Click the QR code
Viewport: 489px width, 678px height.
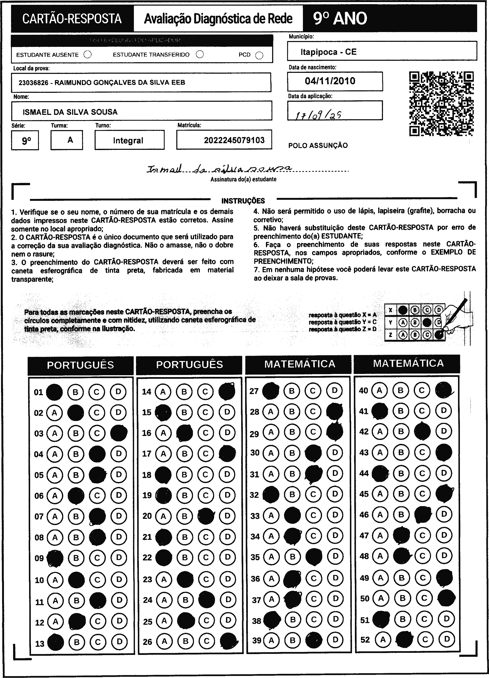click(441, 103)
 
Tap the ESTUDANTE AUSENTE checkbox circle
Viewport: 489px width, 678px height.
click(88, 55)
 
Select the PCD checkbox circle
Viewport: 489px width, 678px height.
click(259, 56)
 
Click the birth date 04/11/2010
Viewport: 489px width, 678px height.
click(330, 81)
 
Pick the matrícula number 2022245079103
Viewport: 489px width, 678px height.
click(234, 140)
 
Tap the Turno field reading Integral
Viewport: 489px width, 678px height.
click(128, 140)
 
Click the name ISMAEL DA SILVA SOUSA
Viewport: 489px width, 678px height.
click(70, 112)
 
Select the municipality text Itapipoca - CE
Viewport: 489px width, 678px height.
click(328, 52)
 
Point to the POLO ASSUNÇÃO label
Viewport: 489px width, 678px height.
click(318, 146)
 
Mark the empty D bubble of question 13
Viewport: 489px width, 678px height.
click(120, 642)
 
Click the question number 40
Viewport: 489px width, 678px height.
click(363, 390)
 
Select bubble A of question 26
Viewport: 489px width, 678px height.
click(164, 641)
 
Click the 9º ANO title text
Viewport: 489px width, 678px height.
click(340, 19)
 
